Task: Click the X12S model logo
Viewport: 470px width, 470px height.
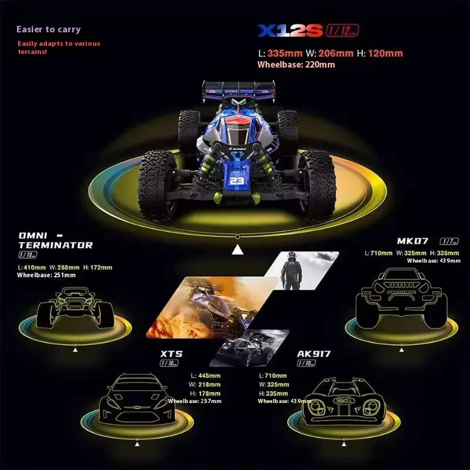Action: [290, 31]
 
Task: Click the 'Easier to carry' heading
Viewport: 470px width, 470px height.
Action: [49, 29]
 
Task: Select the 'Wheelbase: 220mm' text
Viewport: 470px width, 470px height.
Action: [296, 65]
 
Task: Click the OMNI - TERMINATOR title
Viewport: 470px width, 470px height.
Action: [55, 240]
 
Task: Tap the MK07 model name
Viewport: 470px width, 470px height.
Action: [412, 241]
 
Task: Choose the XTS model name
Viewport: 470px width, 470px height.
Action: [172, 354]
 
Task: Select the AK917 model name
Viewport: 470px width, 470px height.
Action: [314, 354]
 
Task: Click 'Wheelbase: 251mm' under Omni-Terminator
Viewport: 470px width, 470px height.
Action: [46, 275]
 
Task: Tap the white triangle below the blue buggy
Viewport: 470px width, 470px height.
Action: [237, 251]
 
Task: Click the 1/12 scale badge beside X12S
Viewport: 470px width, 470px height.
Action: [342, 31]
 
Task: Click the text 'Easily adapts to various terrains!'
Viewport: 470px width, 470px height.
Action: [59, 48]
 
